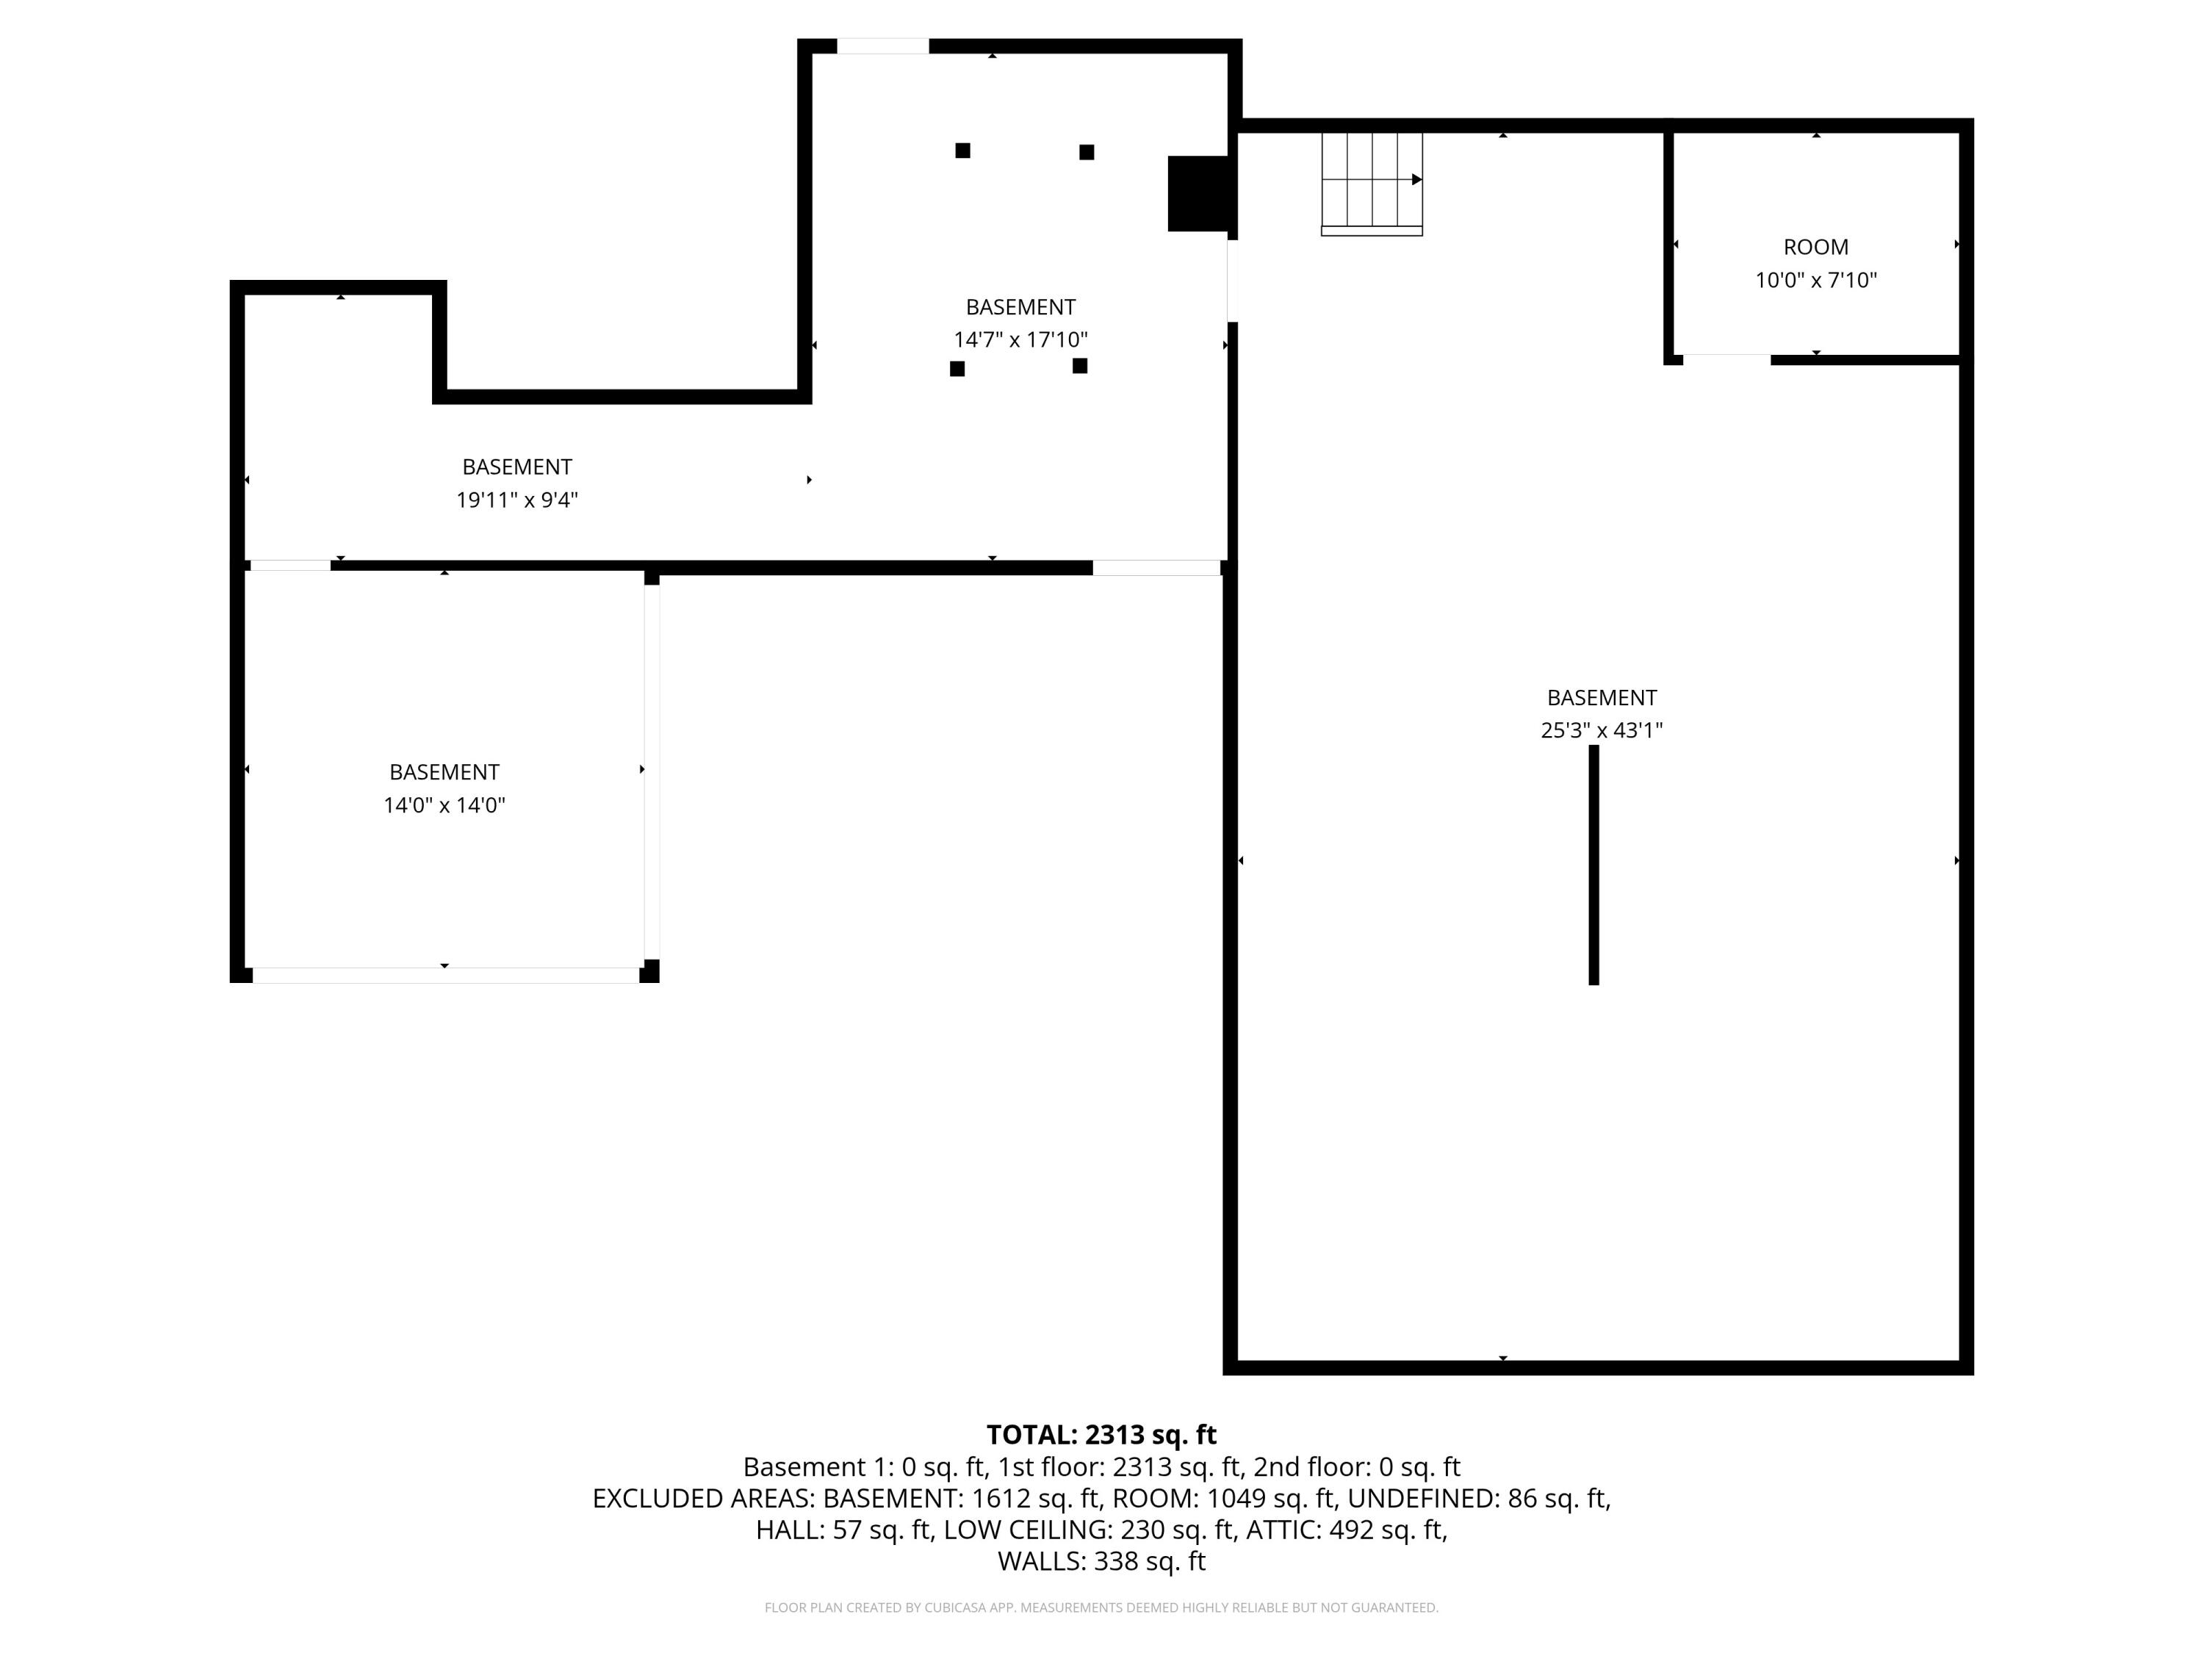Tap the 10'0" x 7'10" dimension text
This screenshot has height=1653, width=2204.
click(1815, 280)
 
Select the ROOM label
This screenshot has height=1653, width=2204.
click(1815, 247)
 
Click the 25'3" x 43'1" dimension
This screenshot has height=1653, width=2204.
click(1601, 730)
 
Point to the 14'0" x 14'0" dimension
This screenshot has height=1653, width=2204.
click(444, 805)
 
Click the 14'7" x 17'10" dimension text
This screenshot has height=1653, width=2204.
click(1020, 339)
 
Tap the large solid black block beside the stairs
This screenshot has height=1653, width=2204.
click(1199, 193)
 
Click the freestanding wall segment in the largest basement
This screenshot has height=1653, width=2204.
click(1593, 865)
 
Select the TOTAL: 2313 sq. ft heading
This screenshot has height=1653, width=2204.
click(1101, 1435)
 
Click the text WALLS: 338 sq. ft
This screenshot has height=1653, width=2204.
click(1101, 1561)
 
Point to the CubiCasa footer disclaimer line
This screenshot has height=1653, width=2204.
click(1101, 1607)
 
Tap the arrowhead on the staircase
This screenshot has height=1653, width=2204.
click(1417, 179)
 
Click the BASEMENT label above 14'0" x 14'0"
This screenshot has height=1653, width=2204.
click(444, 772)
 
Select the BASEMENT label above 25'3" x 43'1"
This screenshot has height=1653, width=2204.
click(1601, 697)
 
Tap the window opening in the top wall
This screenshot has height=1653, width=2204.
click(883, 46)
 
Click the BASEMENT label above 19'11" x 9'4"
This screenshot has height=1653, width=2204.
click(517, 467)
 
